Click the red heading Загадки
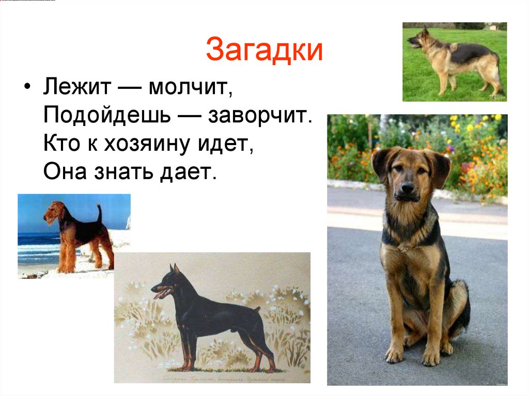[264, 50]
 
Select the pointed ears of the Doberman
[174, 268]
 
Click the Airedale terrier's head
[52, 211]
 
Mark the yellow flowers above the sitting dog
[473, 124]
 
